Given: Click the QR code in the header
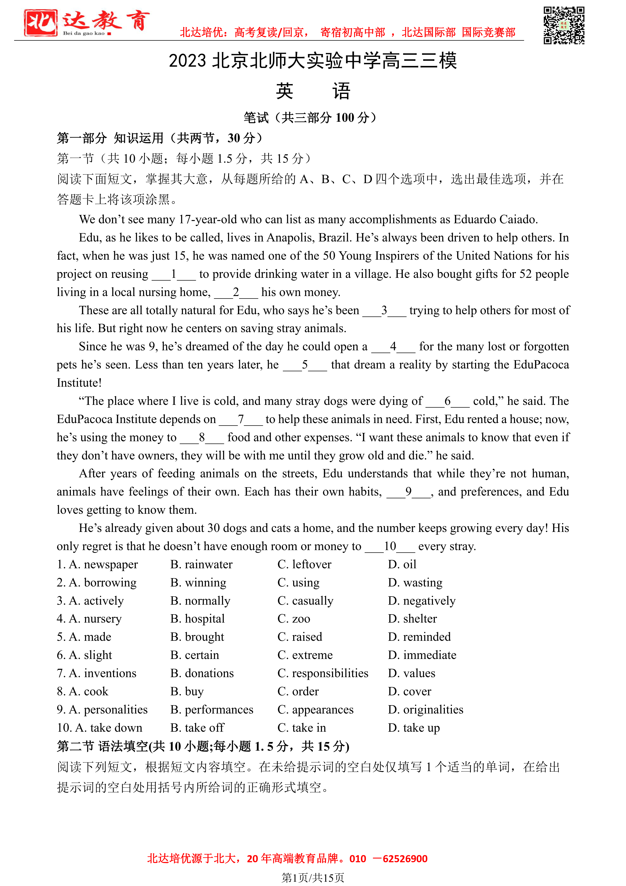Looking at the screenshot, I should [564, 26].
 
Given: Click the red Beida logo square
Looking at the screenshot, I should [40, 23].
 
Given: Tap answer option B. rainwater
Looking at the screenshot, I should [201, 564].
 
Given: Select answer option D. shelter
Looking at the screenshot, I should [412, 619].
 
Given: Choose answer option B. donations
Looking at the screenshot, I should [202, 673].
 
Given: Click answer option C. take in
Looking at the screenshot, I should [302, 727].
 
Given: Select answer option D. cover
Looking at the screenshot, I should [409, 691].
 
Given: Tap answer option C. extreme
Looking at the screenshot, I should [305, 655].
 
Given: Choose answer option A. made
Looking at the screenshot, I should [84, 637].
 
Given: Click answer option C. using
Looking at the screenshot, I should [298, 582].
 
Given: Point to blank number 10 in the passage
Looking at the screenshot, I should [390, 546].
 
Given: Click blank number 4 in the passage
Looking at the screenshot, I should [393, 346].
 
